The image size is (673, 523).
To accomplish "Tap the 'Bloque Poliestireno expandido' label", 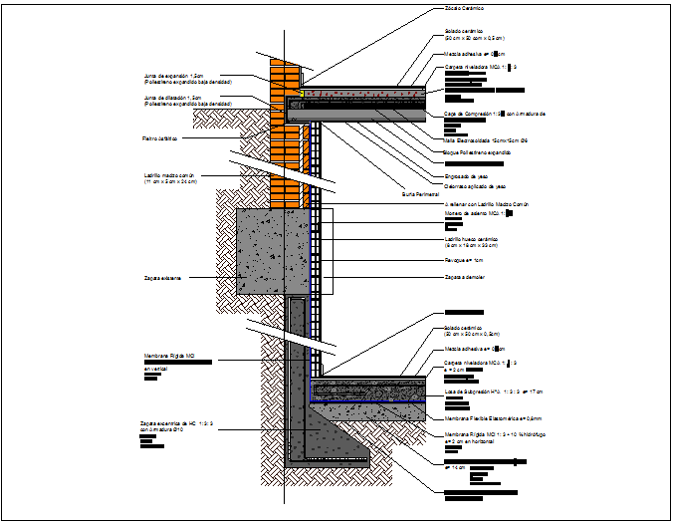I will point(477,153).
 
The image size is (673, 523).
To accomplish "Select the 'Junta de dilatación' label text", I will point(174,98).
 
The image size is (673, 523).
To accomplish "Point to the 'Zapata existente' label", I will point(162,278).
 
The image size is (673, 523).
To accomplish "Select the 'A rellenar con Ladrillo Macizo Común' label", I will point(486,203).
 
